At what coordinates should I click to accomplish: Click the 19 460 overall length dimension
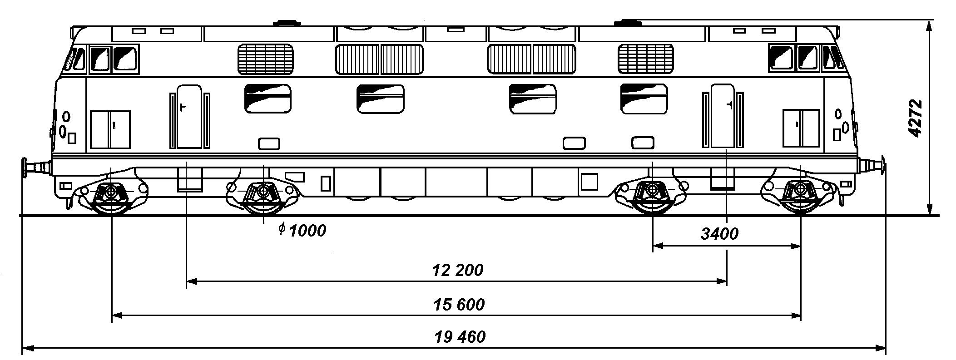click(460, 337)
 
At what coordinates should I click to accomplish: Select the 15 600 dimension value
click(459, 305)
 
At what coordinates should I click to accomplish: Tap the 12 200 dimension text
click(458, 271)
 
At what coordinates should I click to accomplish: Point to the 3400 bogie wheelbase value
click(719, 234)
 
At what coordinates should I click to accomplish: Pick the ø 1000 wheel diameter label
click(302, 231)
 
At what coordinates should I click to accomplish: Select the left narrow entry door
click(189, 116)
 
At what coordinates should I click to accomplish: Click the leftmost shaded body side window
click(268, 99)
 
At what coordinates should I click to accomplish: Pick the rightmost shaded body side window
click(644, 99)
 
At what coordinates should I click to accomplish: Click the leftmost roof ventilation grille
click(266, 59)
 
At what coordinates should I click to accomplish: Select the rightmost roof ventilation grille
click(646, 59)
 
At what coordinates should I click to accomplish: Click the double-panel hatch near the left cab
click(110, 129)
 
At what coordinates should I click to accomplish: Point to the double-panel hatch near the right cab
click(801, 128)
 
